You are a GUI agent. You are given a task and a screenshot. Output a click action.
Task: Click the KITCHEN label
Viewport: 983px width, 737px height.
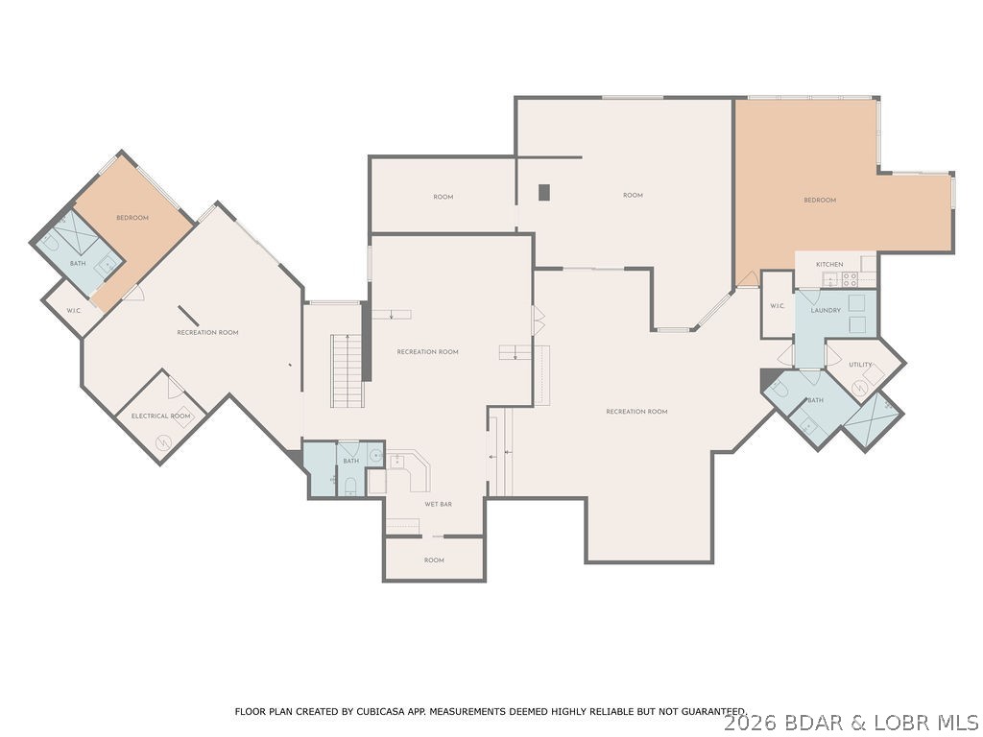coord(829,264)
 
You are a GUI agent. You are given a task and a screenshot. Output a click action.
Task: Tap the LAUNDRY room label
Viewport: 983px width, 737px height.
coord(826,310)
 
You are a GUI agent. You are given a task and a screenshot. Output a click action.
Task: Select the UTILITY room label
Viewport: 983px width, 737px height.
coord(860,365)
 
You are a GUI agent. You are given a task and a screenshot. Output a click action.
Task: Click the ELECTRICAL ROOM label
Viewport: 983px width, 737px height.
coord(161,416)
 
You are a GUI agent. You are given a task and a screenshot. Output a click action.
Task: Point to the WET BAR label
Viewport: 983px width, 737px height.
coord(439,503)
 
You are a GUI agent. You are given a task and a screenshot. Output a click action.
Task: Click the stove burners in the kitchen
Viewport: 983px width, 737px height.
coord(850,279)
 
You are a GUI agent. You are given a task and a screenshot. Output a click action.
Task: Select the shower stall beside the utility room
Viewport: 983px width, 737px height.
coord(872,420)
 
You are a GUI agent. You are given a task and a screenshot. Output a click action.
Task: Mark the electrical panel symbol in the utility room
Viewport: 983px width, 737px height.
coord(860,387)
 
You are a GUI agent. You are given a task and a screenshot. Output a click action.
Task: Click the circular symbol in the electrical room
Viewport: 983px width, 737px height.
coord(162,442)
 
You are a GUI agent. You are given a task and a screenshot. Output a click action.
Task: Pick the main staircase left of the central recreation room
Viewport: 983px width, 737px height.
coord(348,369)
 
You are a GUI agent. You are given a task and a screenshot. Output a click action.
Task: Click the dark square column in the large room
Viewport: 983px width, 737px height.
coord(544,192)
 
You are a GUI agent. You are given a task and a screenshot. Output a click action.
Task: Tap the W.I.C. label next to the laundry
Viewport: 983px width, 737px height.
coord(777,306)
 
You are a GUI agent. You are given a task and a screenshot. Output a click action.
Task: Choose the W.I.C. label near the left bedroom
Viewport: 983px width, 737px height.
coord(73,310)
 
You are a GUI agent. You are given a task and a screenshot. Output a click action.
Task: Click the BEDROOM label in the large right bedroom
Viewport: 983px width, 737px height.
coord(820,200)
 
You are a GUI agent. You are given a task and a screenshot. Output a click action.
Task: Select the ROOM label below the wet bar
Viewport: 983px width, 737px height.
coord(434,559)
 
